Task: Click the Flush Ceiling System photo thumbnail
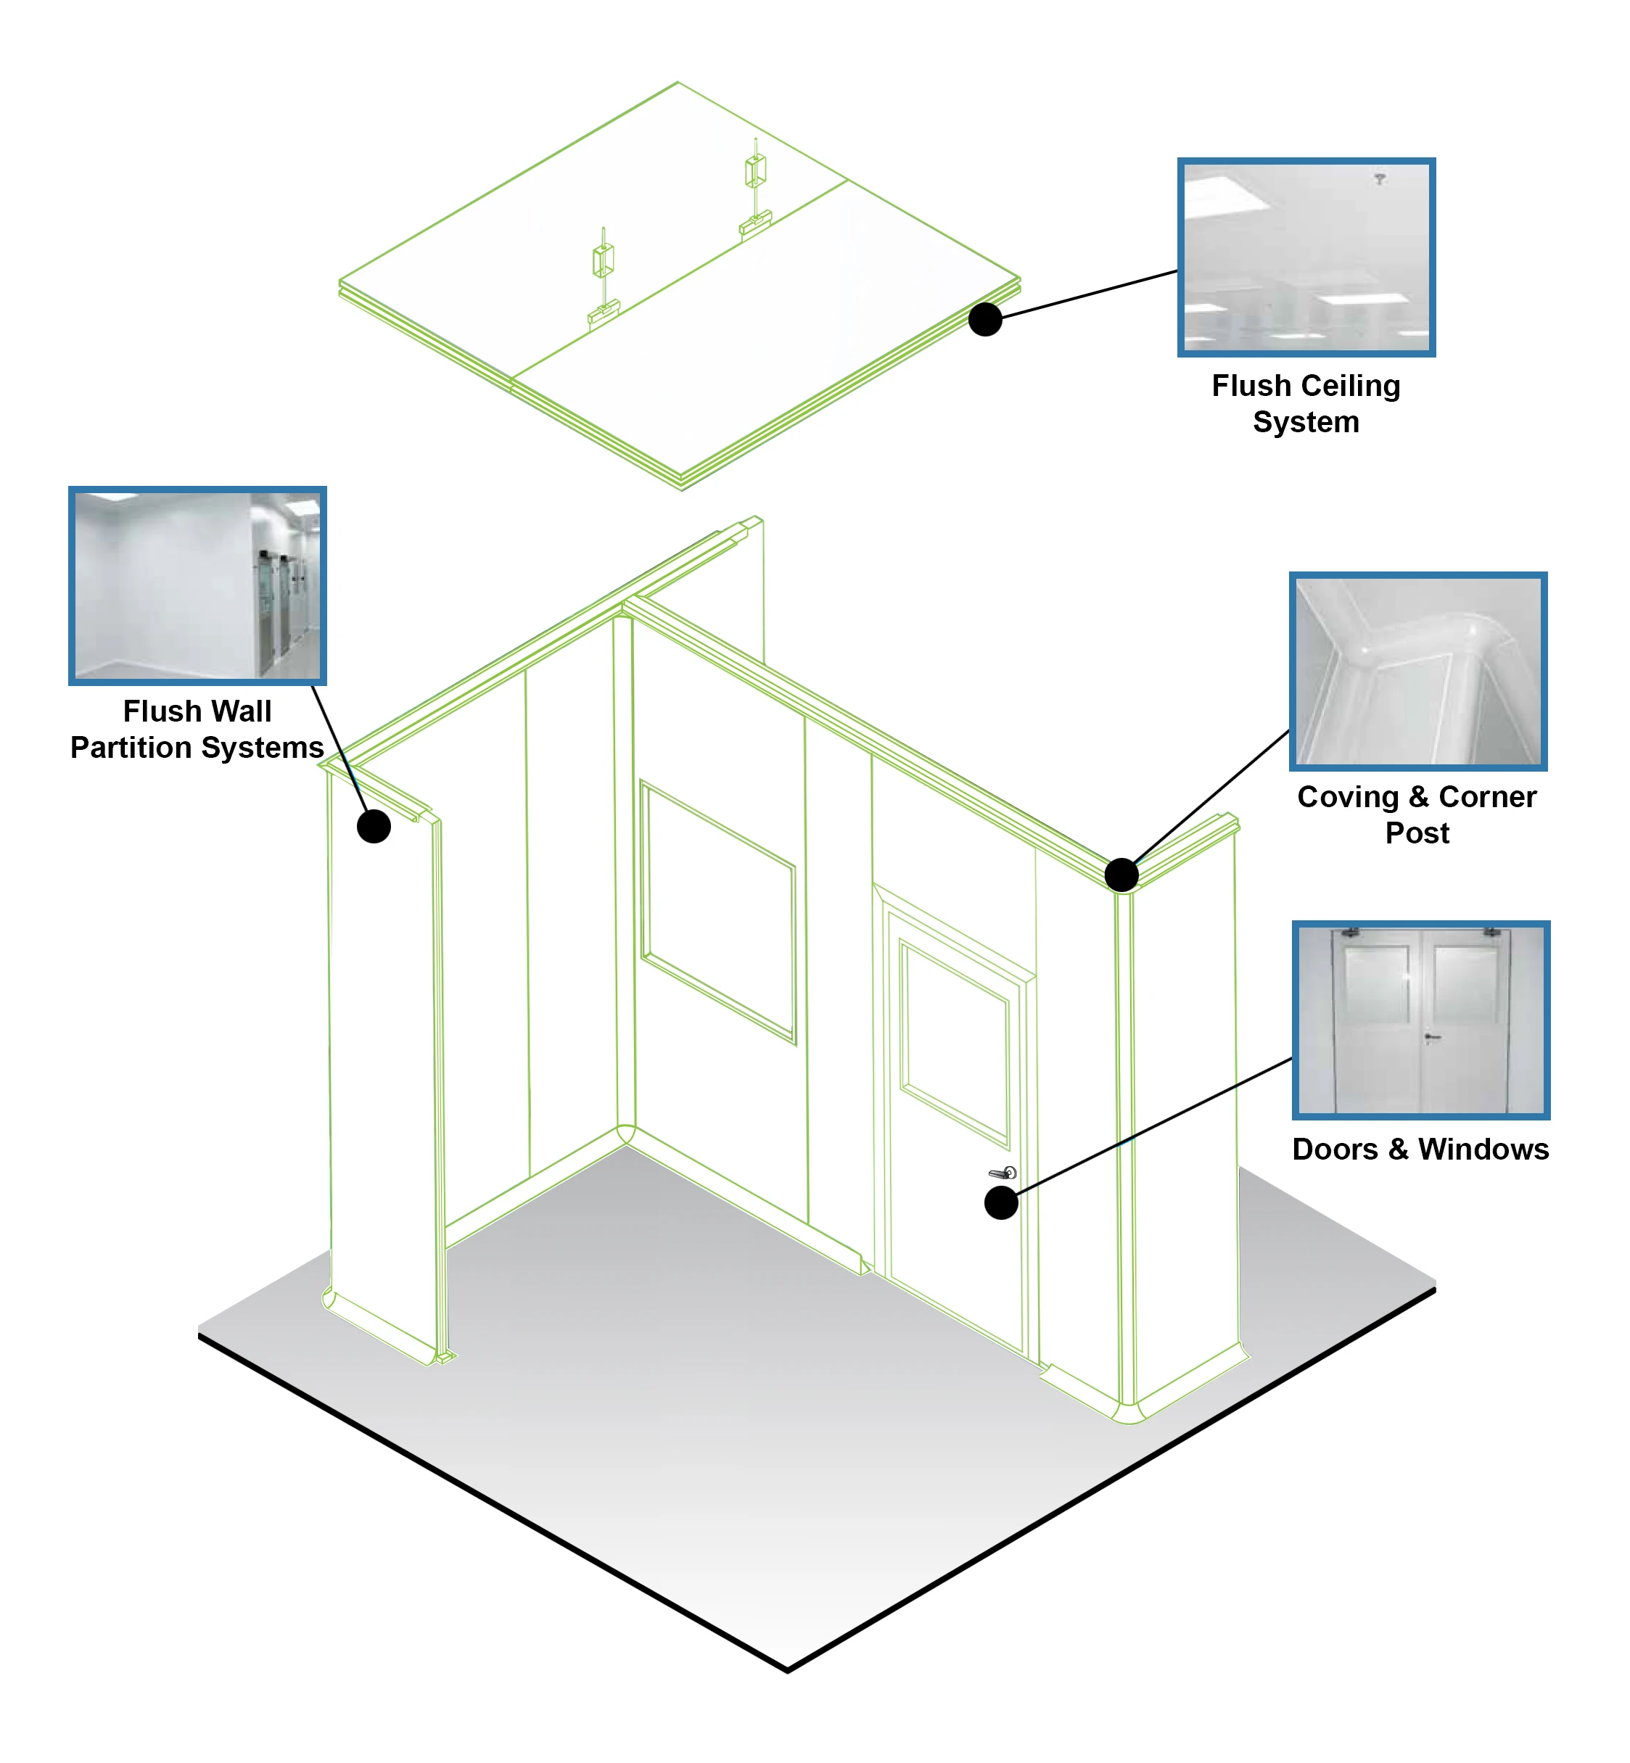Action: tap(1306, 257)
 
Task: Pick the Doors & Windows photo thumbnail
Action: tap(1420, 1020)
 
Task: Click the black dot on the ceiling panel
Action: tap(984, 319)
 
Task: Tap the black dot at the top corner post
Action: tap(1120, 875)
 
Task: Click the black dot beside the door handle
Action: tap(1000, 1202)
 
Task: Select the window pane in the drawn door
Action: tap(955, 1044)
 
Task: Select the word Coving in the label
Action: tap(1348, 797)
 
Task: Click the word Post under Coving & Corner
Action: tap(1417, 833)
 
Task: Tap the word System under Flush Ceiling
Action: tap(1306, 423)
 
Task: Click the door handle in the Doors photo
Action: tap(1431, 1037)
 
